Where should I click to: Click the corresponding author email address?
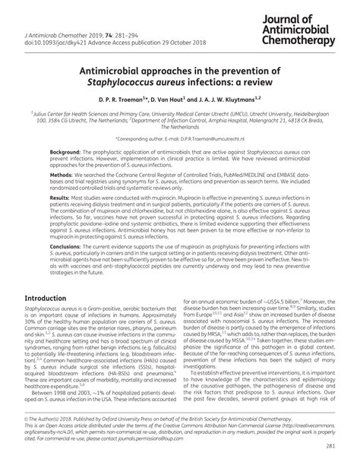click(x=209, y=141)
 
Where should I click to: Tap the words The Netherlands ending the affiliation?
click(x=179, y=127)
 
